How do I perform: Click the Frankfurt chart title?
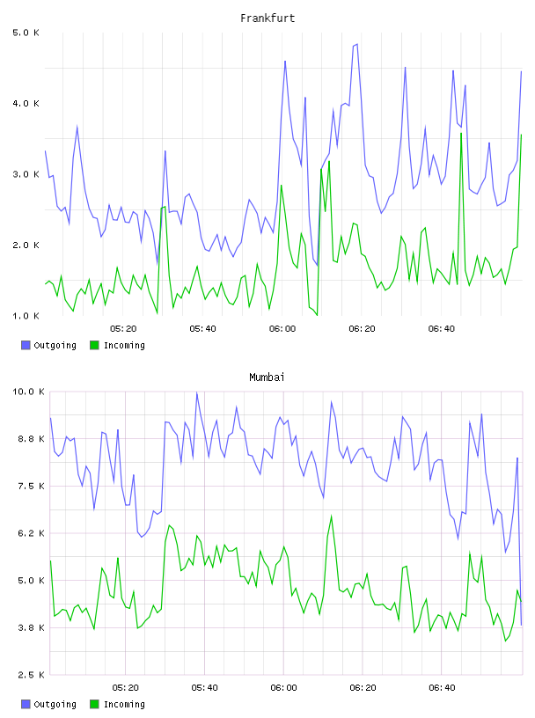pos(267,18)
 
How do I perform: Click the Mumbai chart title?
pos(267,377)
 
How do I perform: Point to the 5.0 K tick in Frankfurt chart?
pos(26,33)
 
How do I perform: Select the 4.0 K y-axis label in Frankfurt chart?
pos(26,104)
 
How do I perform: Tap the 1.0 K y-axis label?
pos(26,316)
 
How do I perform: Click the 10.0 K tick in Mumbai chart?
pos(28,392)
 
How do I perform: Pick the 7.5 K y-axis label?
pos(31,487)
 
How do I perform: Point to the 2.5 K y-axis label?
pos(31,675)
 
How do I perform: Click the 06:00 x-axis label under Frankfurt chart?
pos(282,329)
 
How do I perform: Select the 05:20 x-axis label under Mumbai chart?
pos(126,688)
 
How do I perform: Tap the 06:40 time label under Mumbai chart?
pos(442,688)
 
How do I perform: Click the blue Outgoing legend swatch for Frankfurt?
pos(26,345)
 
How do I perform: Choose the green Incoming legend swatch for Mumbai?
pos(94,704)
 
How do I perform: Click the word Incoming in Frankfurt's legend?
pos(124,346)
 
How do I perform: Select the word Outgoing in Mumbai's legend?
pos(55,705)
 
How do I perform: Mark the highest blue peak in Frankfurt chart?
pos(357,44)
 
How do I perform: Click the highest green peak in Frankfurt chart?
pos(461,133)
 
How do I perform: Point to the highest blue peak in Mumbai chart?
pos(197,392)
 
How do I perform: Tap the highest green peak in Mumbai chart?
pos(331,516)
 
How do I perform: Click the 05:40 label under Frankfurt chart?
pos(203,329)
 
